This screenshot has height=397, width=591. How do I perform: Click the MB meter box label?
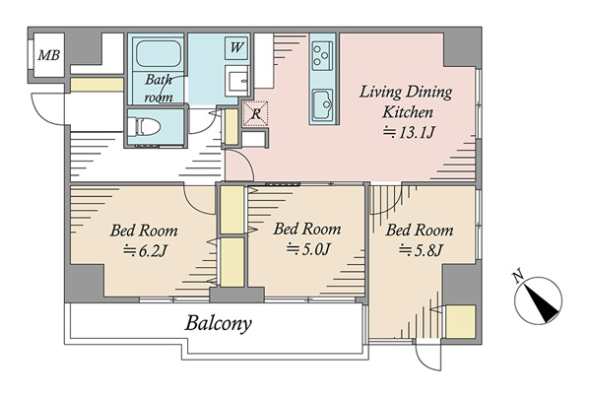(x=49, y=55)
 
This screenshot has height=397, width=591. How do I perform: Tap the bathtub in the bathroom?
(x=158, y=53)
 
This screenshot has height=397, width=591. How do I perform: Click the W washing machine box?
(x=236, y=47)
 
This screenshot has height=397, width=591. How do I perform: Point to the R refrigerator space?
(x=255, y=113)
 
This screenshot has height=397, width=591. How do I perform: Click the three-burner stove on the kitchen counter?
(x=322, y=55)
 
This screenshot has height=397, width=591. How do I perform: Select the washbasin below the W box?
(x=237, y=81)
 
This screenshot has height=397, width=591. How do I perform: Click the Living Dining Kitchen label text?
(x=407, y=102)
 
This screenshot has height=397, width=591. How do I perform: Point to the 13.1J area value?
(x=410, y=132)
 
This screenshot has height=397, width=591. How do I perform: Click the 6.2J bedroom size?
(x=145, y=251)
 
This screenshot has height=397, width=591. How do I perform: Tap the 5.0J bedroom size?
(x=308, y=249)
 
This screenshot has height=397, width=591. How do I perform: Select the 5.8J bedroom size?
(x=421, y=250)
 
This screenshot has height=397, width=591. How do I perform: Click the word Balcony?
(x=218, y=323)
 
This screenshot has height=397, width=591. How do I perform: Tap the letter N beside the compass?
(x=519, y=277)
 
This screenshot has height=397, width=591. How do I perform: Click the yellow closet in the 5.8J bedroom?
(x=461, y=321)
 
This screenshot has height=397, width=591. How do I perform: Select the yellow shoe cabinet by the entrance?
(x=97, y=85)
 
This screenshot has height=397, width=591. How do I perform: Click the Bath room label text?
(x=159, y=89)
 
